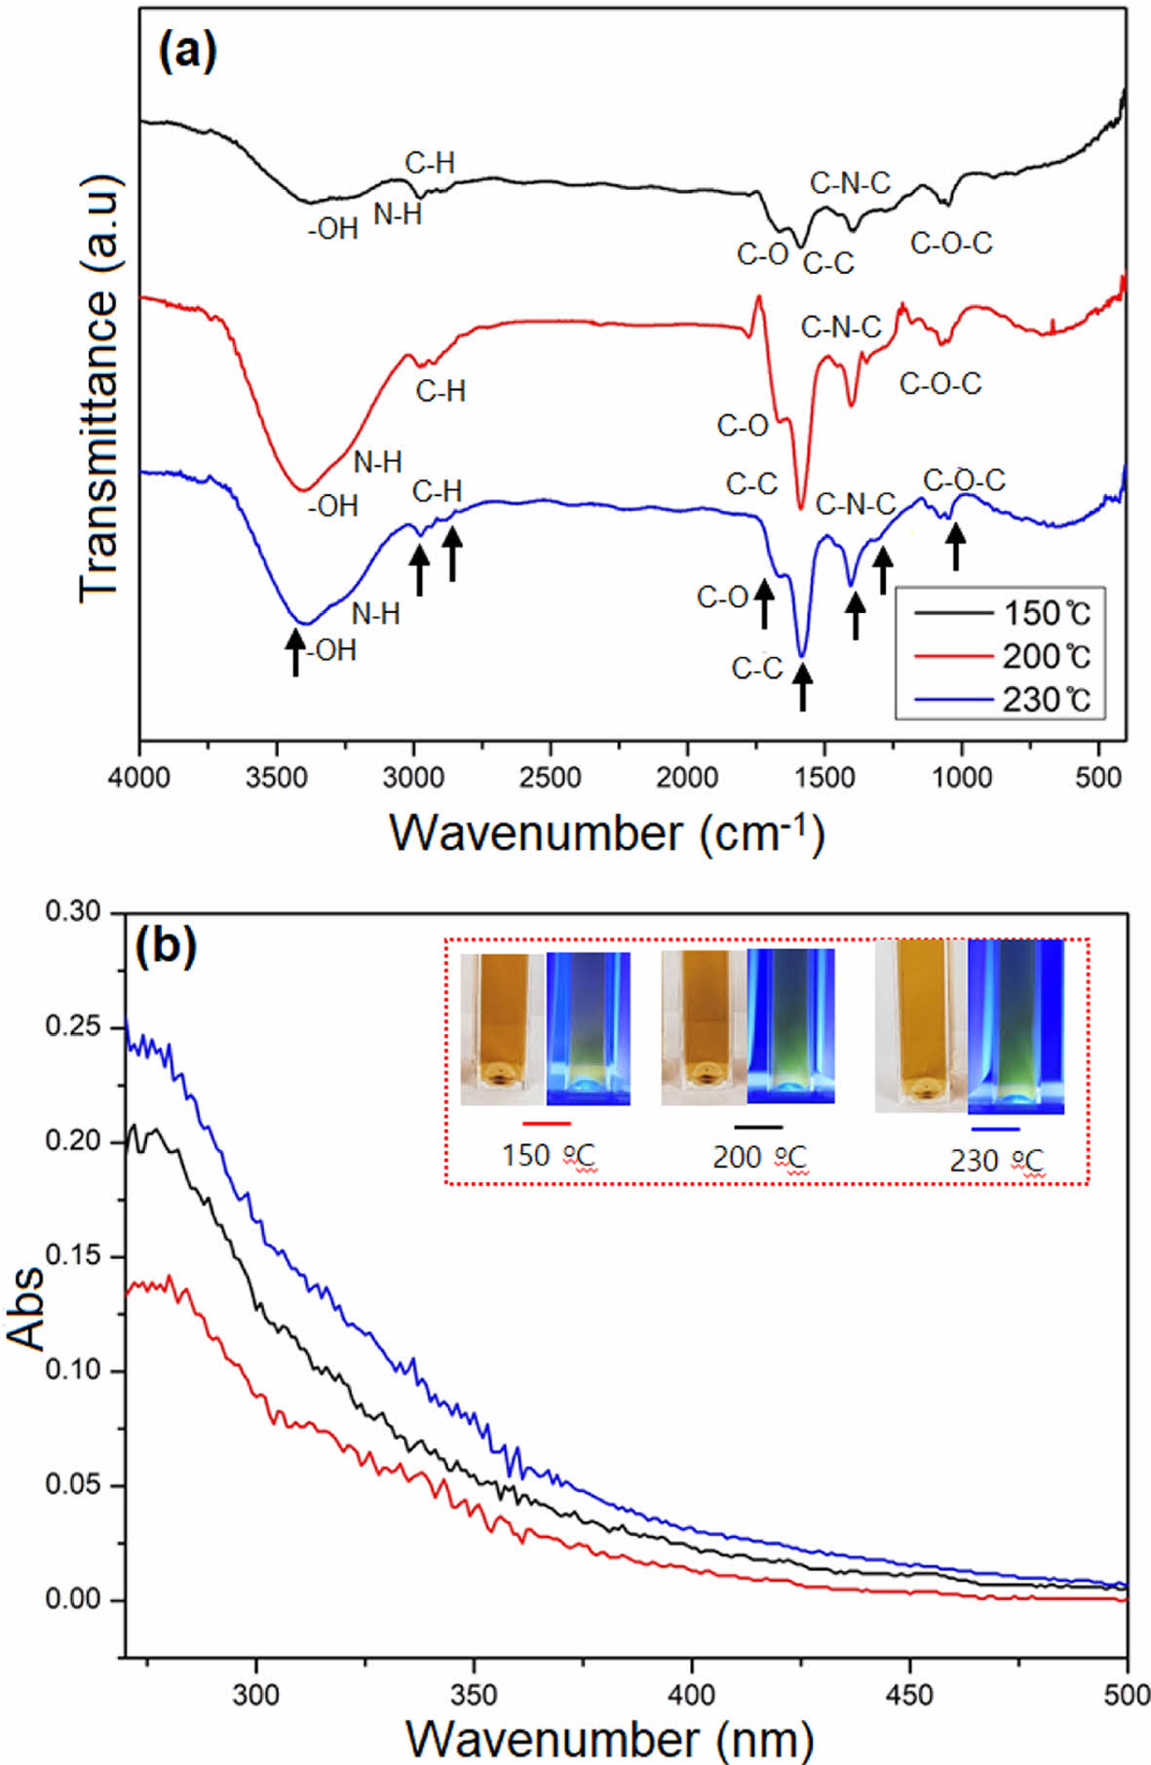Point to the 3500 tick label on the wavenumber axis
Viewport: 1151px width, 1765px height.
(x=278, y=778)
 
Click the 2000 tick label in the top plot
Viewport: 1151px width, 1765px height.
(x=688, y=778)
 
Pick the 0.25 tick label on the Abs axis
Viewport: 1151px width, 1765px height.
(x=73, y=1027)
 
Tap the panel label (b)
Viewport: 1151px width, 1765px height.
(x=166, y=946)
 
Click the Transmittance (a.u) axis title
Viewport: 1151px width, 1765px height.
(x=100, y=388)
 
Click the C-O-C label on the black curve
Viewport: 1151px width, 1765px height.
(x=951, y=243)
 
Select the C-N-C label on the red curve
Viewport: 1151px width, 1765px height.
(x=840, y=327)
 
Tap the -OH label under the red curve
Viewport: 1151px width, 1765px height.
(x=332, y=506)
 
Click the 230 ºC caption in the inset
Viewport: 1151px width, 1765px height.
(x=996, y=1161)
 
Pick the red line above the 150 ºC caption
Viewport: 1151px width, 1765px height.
(x=546, y=1124)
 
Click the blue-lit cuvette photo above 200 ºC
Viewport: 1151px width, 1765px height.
(x=790, y=1027)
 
